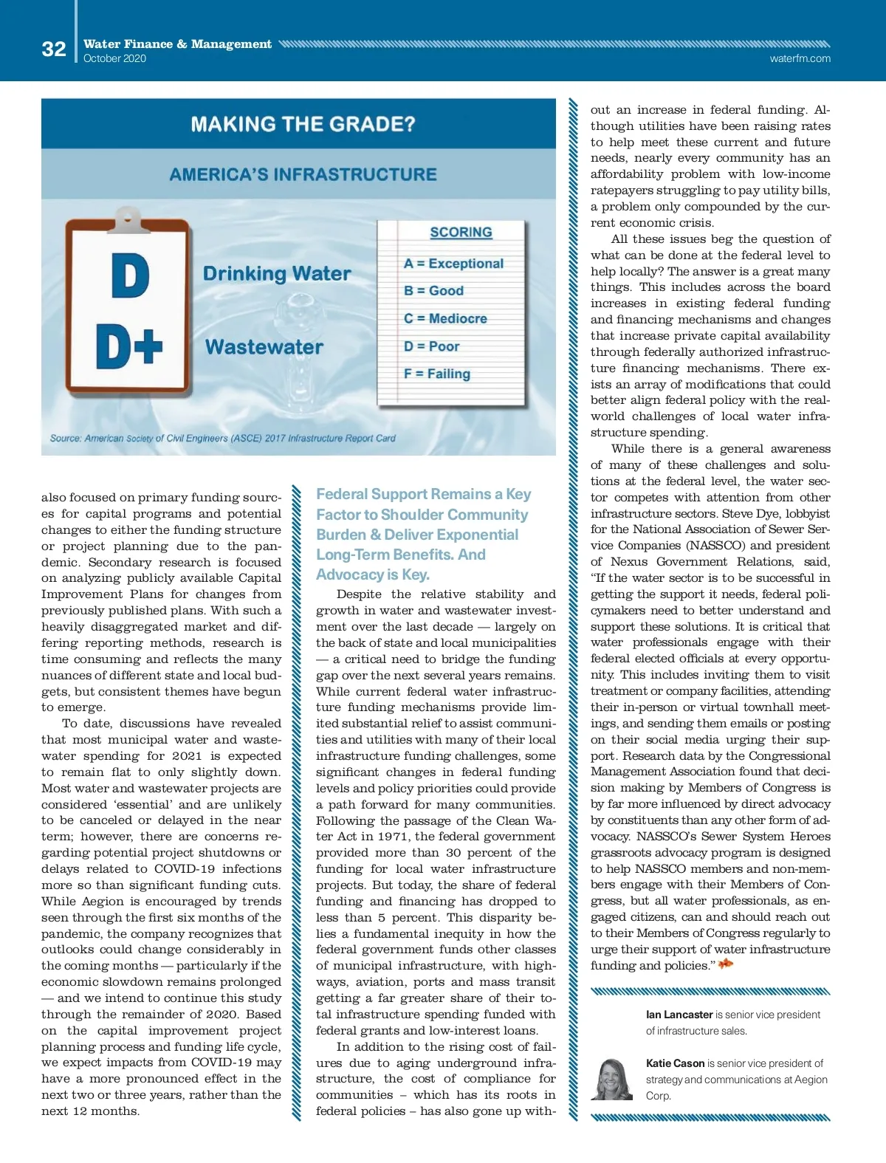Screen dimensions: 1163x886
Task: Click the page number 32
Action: pos(54,49)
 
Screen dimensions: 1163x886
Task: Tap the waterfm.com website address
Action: pos(800,58)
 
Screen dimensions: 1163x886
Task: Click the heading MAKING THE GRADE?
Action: pos(303,123)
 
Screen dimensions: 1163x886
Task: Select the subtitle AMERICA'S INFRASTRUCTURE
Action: pos(303,175)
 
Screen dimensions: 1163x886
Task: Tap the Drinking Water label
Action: pos(277,274)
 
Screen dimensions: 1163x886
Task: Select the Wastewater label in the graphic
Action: pos(264,347)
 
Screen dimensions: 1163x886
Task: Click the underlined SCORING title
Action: pos(461,233)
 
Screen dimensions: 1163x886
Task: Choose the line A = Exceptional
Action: pos(453,264)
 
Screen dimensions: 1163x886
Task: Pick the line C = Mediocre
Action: pos(445,318)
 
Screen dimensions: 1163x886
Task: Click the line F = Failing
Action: pos(436,374)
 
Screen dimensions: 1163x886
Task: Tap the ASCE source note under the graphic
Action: pos(222,438)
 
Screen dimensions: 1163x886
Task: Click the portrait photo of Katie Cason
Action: pos(611,1080)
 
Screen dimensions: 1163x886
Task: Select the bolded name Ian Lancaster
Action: pos(679,1015)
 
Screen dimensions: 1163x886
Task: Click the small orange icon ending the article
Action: pos(726,964)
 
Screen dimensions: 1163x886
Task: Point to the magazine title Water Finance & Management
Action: pos(177,44)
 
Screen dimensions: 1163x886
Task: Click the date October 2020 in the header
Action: pos(114,58)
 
